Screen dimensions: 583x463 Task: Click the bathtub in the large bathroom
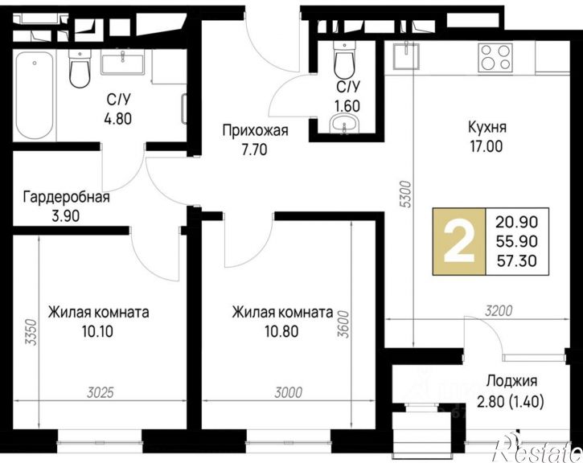coord(35,95)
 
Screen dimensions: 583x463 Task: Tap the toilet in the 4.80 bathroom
coord(80,69)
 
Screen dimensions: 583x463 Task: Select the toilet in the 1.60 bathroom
coord(344,59)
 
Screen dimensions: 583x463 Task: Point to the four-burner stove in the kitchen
coord(495,57)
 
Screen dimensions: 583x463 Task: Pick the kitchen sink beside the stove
coord(407,55)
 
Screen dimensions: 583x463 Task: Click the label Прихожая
coord(256,131)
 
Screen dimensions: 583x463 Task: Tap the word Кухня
coord(487,127)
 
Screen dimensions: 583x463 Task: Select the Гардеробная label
coord(67,197)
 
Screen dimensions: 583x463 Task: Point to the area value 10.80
coord(281,331)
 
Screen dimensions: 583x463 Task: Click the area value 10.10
coord(98,331)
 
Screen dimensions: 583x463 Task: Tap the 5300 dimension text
coord(408,194)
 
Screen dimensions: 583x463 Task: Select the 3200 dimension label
coord(499,310)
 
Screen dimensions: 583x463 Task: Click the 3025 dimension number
coord(100,392)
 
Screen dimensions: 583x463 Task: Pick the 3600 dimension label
coord(344,324)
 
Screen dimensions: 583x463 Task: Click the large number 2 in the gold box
coord(459,241)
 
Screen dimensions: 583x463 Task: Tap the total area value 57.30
coord(517,261)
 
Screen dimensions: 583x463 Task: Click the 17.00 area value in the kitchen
coord(487,146)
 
